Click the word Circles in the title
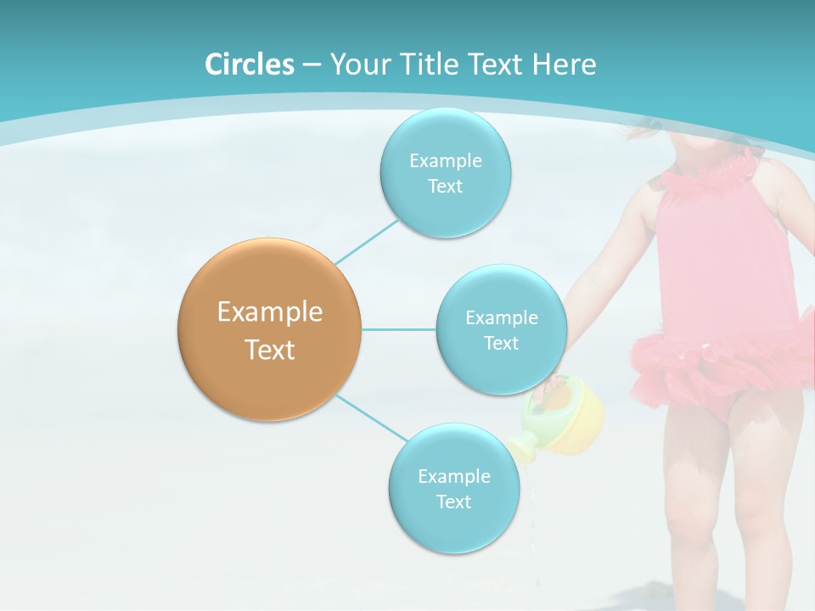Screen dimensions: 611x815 [x=250, y=64]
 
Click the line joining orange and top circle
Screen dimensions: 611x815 [x=367, y=242]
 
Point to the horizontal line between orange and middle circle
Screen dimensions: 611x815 [x=398, y=329]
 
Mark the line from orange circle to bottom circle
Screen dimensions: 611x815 [x=371, y=418]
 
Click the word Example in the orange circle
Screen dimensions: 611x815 [x=269, y=312]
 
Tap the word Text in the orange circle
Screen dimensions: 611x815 [x=269, y=350]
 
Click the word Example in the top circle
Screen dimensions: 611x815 [x=445, y=161]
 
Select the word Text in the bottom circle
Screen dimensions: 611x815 [x=453, y=502]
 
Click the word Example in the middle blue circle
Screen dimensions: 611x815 [x=501, y=318]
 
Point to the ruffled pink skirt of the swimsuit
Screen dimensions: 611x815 [x=722, y=365]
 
